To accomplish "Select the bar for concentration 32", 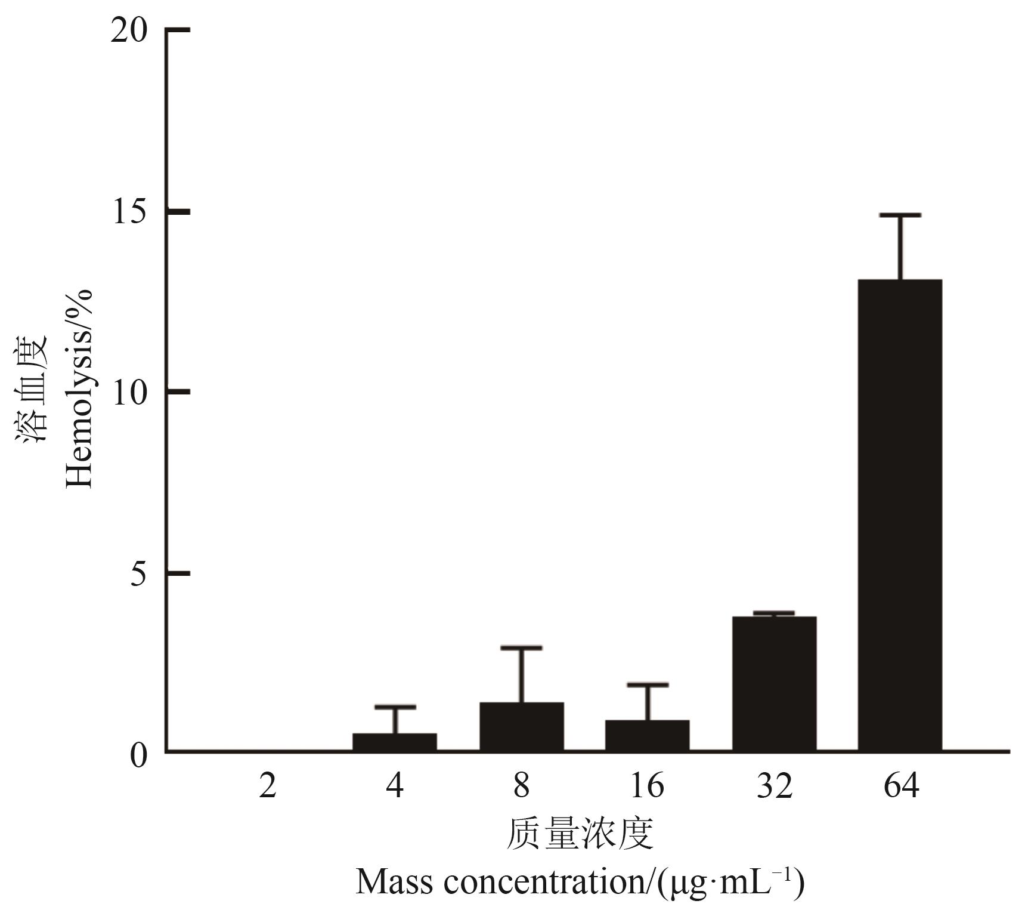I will click(x=774, y=683).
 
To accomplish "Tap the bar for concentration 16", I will click(x=648, y=735).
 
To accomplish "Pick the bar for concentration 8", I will click(x=522, y=726).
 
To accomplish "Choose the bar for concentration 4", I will click(x=395, y=742).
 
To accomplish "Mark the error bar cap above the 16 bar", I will click(x=648, y=684).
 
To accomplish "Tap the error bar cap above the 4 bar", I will click(x=395, y=707).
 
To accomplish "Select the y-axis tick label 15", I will click(x=129, y=212).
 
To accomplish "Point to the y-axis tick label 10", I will click(x=129, y=393).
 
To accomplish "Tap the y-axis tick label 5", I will click(x=138, y=574).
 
